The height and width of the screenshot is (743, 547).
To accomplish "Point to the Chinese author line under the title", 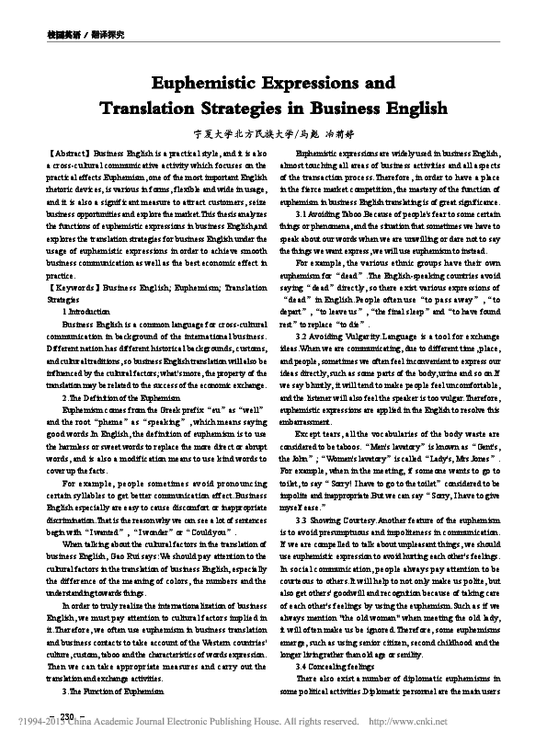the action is (273, 132).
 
